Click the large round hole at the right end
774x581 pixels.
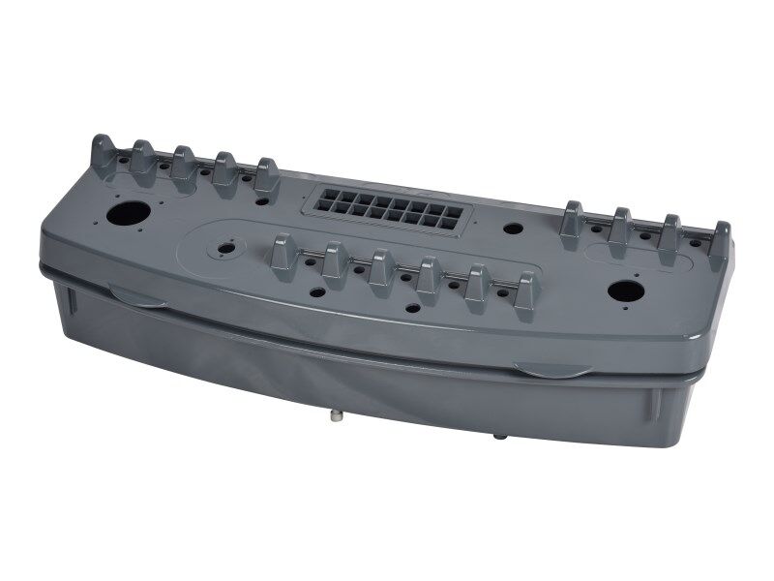[x=622, y=290]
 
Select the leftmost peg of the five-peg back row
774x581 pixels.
[x=102, y=152]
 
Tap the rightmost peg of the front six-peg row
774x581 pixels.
[x=525, y=290]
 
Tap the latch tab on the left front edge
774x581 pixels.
[x=136, y=295]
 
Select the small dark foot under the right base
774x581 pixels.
[x=500, y=437]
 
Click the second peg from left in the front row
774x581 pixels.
[x=333, y=261]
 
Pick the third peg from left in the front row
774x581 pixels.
[x=380, y=268]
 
